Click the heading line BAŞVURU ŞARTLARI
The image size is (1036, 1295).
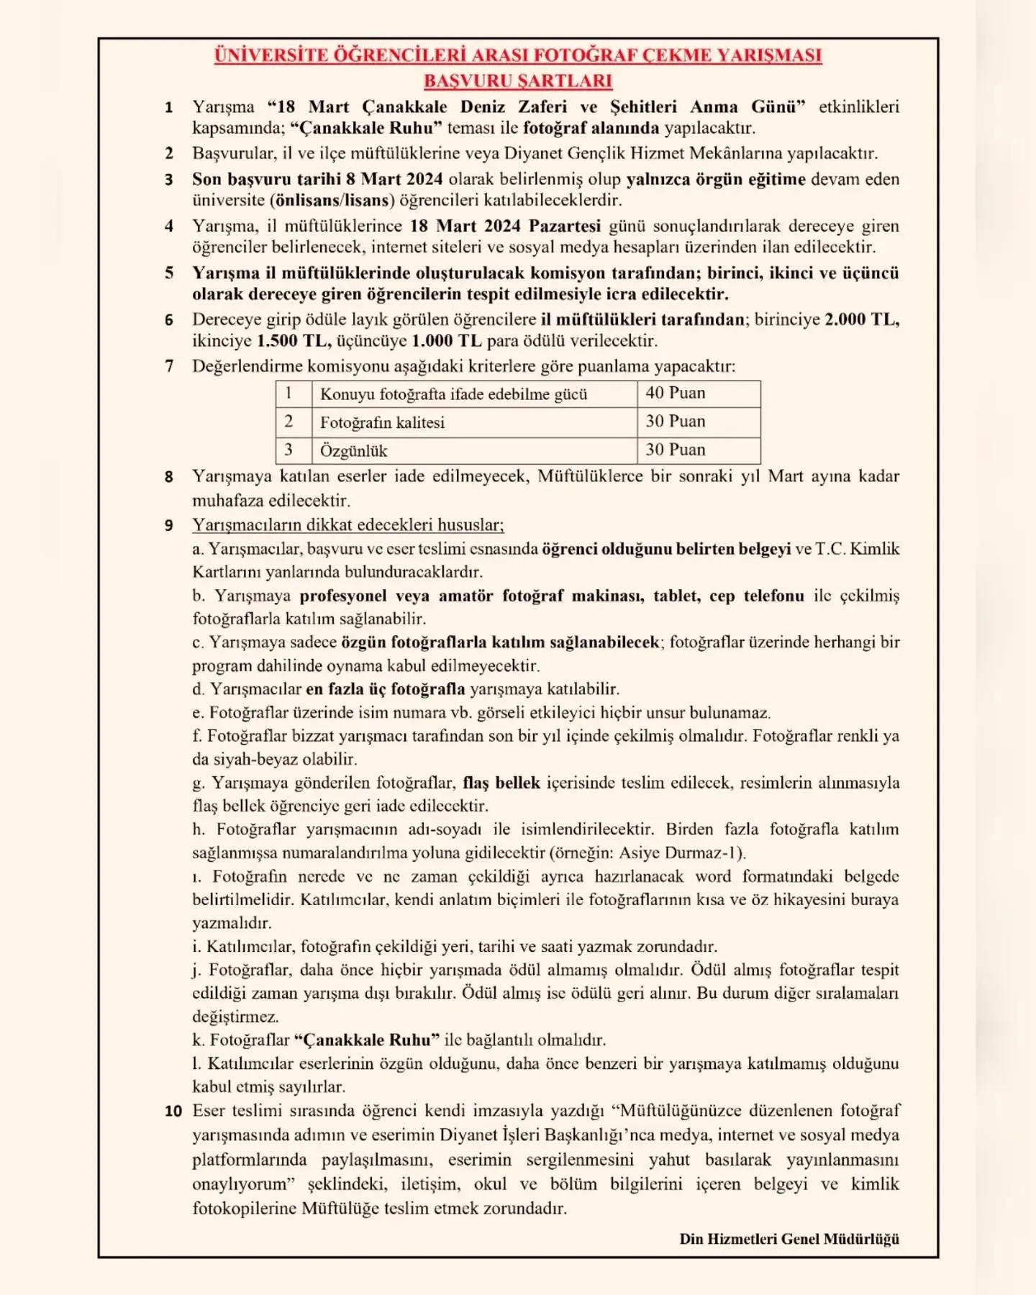click(x=518, y=81)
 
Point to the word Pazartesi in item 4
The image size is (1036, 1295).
click(x=565, y=226)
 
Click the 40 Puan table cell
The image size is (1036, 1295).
click(x=676, y=393)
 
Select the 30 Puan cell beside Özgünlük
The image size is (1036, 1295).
click(x=676, y=450)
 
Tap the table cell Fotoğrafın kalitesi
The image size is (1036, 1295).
click(x=382, y=422)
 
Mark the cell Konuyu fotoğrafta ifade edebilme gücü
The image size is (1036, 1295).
click(x=453, y=394)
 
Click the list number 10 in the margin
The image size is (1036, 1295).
click(x=173, y=1111)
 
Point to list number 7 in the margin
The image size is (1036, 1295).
click(x=169, y=366)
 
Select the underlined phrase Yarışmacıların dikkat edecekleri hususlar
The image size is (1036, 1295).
click(x=348, y=525)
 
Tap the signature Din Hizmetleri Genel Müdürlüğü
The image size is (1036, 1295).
click(x=789, y=1239)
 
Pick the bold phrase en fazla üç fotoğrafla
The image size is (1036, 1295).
click(x=386, y=689)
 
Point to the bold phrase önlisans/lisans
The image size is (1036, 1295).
click(x=335, y=200)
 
